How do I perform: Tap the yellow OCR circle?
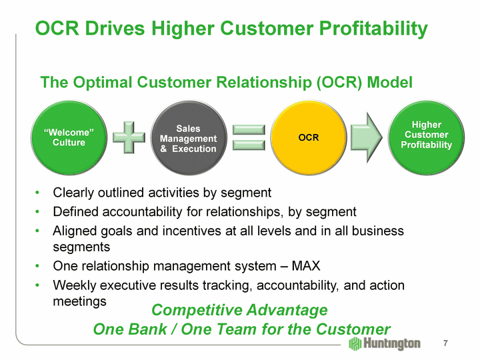pyautogui.click(x=309, y=137)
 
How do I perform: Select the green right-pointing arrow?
pyautogui.click(x=366, y=137)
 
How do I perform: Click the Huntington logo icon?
pyautogui.click(x=356, y=343)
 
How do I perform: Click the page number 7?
pyautogui.click(x=445, y=343)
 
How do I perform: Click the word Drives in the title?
pyautogui.click(x=114, y=29)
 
